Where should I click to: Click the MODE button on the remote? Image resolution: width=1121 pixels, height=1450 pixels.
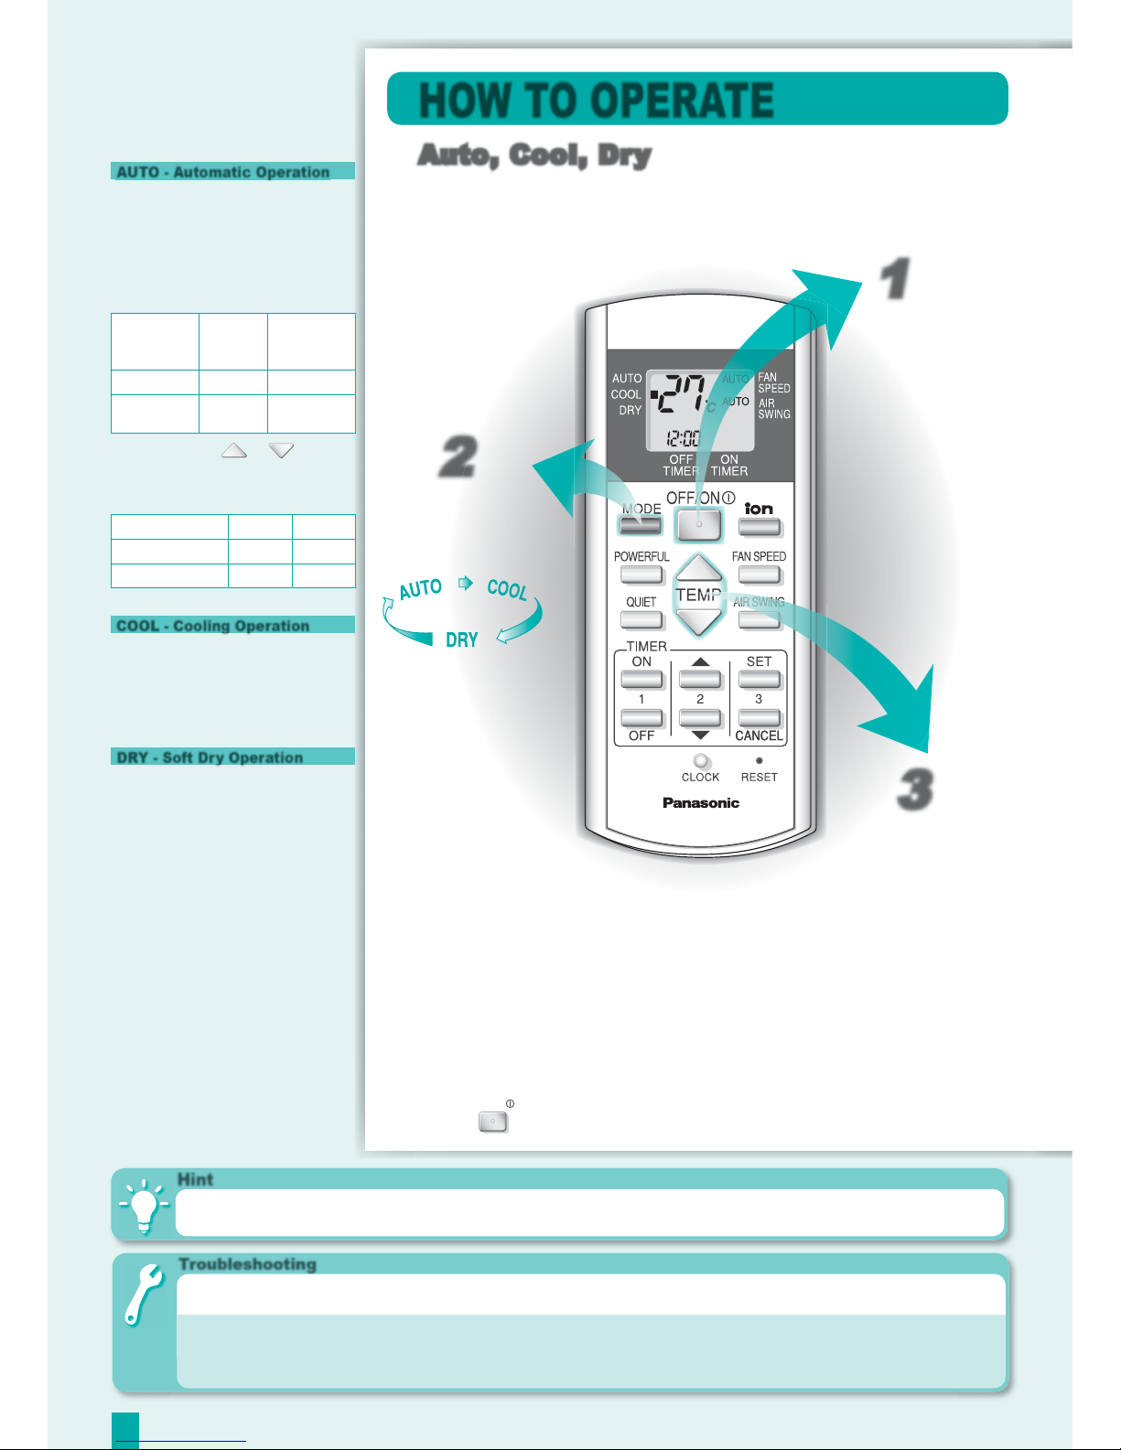pos(640,525)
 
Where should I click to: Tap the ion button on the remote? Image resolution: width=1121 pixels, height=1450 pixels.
pos(760,527)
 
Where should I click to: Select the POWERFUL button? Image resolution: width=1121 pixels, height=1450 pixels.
pos(641,574)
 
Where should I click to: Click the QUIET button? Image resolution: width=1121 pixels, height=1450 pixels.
pos(641,620)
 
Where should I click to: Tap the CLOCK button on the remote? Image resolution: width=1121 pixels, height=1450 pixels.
pos(701,761)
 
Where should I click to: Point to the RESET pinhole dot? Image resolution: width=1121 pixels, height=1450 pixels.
pos(759,760)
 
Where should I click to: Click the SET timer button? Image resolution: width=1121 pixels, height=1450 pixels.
pos(760,680)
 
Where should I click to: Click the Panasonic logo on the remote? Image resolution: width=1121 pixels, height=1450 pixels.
pos(701,802)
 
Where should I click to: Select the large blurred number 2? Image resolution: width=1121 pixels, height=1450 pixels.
pos(459,456)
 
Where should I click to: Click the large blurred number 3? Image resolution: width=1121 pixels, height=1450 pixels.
pos(915,789)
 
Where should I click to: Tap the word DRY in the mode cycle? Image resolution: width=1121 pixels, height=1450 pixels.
pos(462,640)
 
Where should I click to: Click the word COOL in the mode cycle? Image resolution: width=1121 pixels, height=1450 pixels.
pos(507,589)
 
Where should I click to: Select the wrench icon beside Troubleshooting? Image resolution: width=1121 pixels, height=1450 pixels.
pos(143,1294)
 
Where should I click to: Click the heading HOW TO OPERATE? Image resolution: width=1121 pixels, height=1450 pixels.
pos(597,100)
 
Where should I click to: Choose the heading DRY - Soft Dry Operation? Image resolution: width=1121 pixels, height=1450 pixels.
pos(210,757)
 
